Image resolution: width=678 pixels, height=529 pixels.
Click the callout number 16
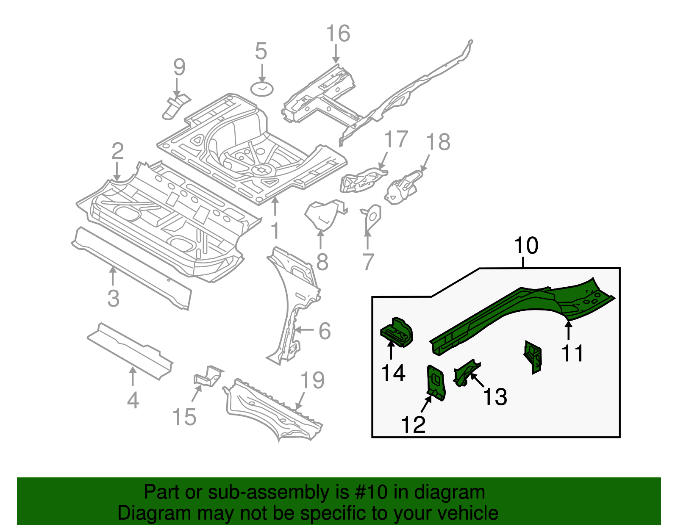point(338,34)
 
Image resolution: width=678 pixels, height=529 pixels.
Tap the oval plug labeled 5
point(262,89)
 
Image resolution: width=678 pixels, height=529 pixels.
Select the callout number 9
point(179,67)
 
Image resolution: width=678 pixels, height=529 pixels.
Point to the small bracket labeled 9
point(175,107)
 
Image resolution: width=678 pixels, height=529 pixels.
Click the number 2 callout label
point(117,151)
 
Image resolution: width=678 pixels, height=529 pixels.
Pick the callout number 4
point(133,400)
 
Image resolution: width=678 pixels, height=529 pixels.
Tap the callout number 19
point(312,380)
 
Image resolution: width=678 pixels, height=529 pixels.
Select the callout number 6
point(324,331)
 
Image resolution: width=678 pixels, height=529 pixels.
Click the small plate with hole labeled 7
point(372,217)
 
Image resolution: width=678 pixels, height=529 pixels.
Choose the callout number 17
point(396,139)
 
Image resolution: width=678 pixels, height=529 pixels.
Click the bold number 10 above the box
point(526,246)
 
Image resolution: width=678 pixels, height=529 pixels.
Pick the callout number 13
point(495,397)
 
